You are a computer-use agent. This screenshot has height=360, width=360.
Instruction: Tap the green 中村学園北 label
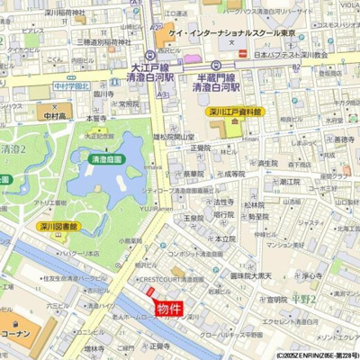pos(71,88)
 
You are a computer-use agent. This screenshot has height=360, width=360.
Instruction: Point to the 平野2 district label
pos(305,298)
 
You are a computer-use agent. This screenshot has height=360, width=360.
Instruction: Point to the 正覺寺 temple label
pos(160,344)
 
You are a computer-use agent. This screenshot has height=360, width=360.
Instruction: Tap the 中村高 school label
pos(53,116)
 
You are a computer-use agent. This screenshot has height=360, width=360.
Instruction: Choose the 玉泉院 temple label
pos(193,219)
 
